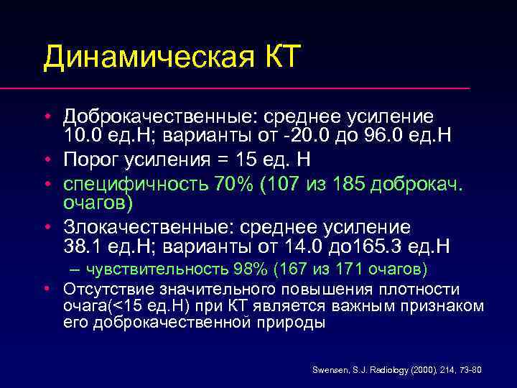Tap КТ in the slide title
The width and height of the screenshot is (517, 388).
point(274,56)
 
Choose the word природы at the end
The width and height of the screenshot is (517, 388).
point(294,323)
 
